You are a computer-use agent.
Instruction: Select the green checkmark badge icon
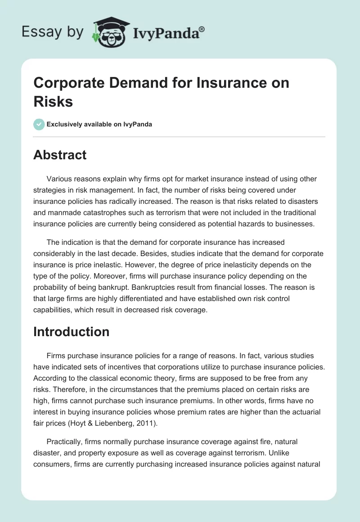tap(39, 124)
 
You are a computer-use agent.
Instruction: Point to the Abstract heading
tap(60, 155)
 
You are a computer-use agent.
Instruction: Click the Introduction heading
tap(72, 332)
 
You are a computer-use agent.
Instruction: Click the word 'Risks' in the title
tap(53, 101)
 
